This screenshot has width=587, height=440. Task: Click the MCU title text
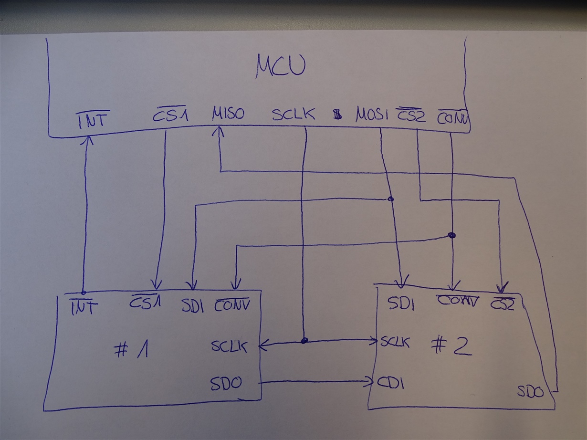click(x=281, y=66)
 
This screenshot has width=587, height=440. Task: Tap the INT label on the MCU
click(x=93, y=119)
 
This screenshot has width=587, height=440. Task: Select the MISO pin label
click(x=228, y=114)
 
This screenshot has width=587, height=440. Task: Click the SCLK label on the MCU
click(x=293, y=114)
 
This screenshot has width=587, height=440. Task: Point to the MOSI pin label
click(x=372, y=115)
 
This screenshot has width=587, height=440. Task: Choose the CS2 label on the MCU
click(x=411, y=115)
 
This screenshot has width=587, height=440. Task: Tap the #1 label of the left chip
click(x=132, y=351)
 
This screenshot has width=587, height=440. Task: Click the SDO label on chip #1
click(x=226, y=382)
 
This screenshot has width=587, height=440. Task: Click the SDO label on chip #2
click(x=530, y=392)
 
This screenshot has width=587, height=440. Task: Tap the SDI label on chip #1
click(x=193, y=306)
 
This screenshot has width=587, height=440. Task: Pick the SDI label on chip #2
click(x=400, y=304)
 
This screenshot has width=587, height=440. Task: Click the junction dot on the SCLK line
click(x=304, y=341)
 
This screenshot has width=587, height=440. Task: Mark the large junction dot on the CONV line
click(x=451, y=235)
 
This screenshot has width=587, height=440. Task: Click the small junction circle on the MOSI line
click(x=390, y=199)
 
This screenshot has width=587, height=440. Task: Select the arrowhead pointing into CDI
click(x=369, y=382)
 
